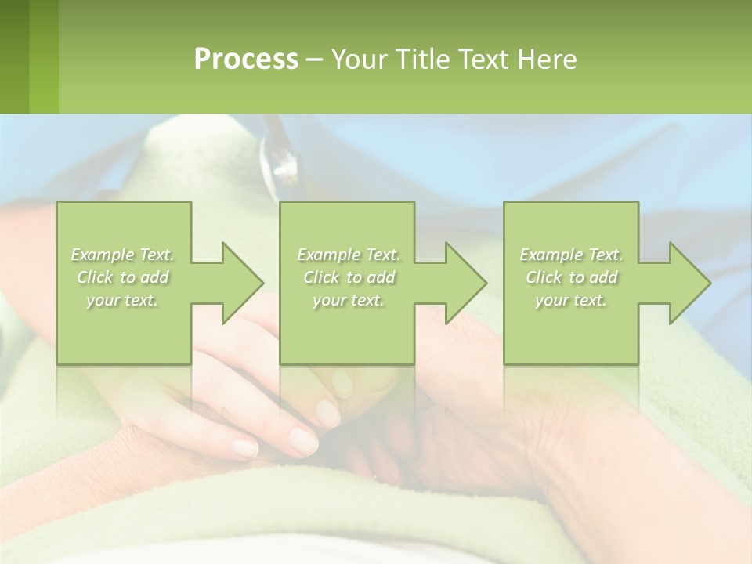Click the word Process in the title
click(246, 60)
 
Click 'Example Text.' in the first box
click(123, 255)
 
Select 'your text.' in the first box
click(123, 300)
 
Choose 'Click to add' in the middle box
click(349, 277)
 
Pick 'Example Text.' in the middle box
click(349, 255)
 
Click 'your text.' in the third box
click(571, 300)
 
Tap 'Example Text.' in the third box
click(571, 255)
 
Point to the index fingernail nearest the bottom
click(245, 447)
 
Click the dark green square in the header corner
click(14, 56)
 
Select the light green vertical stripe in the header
click(44, 56)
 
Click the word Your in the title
click(357, 60)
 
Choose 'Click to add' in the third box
click(571, 277)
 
